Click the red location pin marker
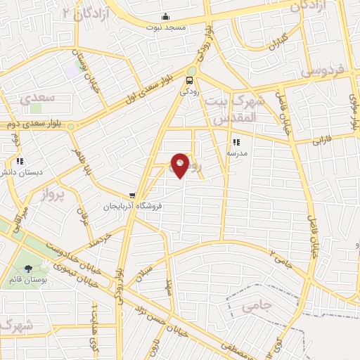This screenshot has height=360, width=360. point(181,165)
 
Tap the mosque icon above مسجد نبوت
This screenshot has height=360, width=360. point(165,17)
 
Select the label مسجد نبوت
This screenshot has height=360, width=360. point(165,27)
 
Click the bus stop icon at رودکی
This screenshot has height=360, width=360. point(191,81)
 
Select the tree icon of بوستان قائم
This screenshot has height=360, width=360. point(28,268)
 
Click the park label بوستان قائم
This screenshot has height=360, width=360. point(28,278)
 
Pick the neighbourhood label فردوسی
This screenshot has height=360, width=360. point(320,71)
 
